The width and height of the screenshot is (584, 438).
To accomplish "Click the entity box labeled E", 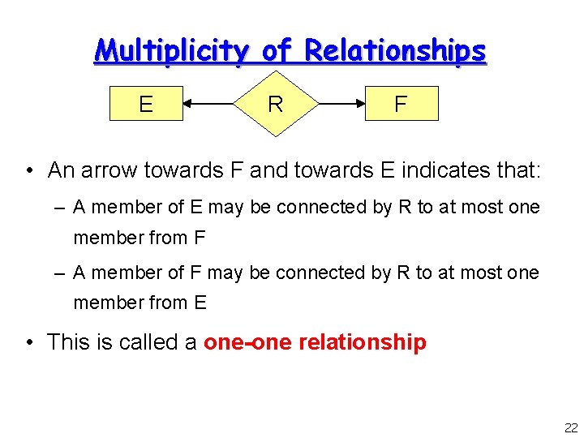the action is point(146,103).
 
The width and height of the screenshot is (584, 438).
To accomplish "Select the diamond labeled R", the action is point(275,104).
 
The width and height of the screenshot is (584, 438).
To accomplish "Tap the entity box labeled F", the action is point(401,103).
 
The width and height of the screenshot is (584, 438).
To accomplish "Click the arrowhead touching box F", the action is point(360,103).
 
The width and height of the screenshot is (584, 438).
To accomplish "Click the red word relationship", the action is point(363,342).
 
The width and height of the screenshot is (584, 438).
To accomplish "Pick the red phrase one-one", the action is point(247,342).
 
